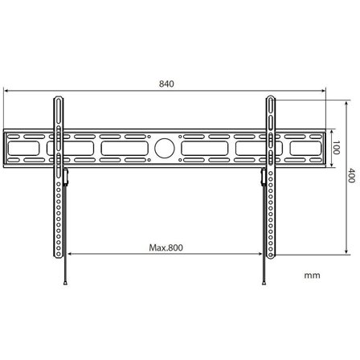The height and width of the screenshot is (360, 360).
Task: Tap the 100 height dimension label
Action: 337,149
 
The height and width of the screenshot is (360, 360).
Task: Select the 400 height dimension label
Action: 351,176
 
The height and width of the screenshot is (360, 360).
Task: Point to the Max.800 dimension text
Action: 166,247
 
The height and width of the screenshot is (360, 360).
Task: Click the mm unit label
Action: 313,274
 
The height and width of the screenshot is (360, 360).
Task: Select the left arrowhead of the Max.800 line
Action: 71,256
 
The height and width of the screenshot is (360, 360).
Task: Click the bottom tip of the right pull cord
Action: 265,284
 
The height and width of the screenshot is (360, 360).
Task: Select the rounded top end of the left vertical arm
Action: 59,100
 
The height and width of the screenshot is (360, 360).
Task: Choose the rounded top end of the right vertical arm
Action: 272,100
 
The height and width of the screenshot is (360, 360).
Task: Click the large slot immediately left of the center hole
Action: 124,149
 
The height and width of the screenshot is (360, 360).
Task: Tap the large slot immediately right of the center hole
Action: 206,149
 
